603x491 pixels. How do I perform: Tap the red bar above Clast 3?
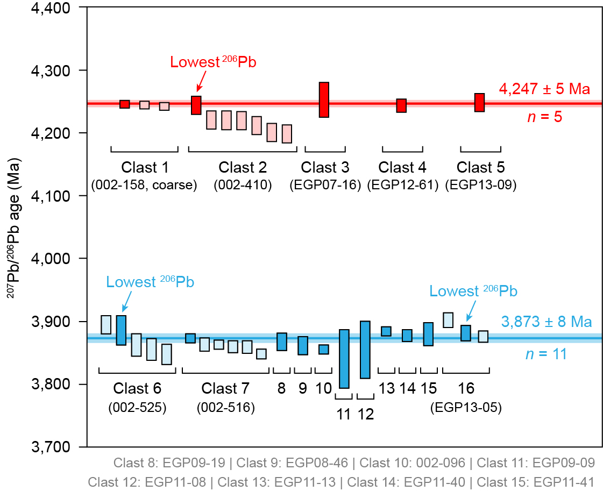tap(324, 99)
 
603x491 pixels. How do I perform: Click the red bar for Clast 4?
tap(401, 105)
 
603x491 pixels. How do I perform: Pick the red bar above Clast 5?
tap(479, 102)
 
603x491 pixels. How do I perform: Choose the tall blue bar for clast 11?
tap(344, 359)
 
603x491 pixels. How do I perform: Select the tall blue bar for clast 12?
tap(365, 350)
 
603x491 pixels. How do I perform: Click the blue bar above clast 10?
tap(323, 350)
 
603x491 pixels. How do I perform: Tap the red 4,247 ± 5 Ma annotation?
tap(545, 89)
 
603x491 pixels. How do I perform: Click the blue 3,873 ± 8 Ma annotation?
tap(547, 323)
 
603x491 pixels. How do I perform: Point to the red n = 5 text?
tap(544, 116)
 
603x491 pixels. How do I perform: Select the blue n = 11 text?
tap(545, 353)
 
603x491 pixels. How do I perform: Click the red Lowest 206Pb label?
tap(213, 62)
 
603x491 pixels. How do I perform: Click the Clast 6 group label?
tap(137, 388)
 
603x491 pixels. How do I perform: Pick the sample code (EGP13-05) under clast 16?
tap(466, 408)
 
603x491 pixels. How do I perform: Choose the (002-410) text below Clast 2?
tap(243, 186)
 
